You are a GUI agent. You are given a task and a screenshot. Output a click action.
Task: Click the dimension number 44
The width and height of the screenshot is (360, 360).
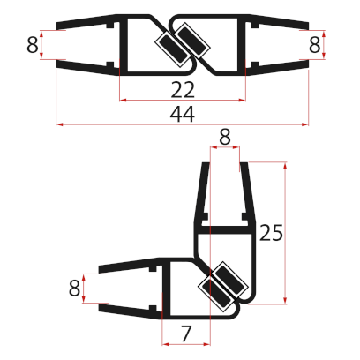[x=182, y=113]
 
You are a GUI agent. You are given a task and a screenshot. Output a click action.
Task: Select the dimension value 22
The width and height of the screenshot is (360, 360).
[x=182, y=88]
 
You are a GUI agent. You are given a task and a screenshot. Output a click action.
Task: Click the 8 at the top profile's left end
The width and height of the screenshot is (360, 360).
[x=32, y=44]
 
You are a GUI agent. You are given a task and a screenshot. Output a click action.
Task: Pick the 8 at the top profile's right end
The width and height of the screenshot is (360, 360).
[x=314, y=44]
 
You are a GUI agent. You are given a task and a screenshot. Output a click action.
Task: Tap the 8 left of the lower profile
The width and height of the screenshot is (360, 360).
[x=73, y=288]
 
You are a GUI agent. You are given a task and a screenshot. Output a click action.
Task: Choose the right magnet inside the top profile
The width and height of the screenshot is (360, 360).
[x=188, y=44]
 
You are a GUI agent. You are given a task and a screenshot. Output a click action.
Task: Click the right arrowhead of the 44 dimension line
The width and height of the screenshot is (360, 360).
[x=305, y=124]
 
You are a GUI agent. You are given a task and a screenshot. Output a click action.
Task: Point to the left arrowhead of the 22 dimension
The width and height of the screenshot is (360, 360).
[x=123, y=100]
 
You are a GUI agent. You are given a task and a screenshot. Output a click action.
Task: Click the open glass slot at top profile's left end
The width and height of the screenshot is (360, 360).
[x=84, y=44]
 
